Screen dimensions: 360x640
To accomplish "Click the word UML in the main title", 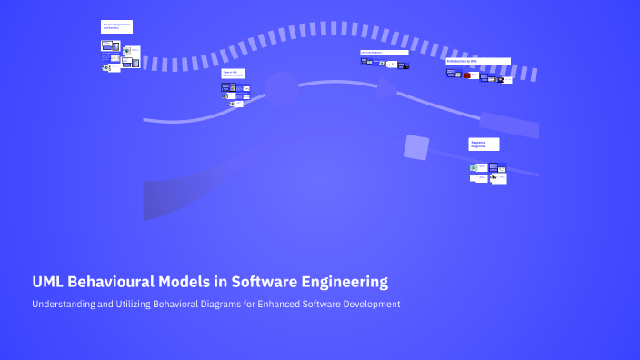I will click(49, 282).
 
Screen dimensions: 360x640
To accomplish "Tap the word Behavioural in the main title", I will click(115, 282).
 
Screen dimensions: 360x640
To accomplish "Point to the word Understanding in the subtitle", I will click(65, 304).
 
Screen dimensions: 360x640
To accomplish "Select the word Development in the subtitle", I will click(373, 304).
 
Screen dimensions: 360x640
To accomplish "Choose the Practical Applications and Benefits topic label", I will click(116, 27).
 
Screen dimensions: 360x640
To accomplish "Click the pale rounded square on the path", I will click(415, 147).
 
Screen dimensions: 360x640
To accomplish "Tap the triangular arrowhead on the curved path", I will click(385, 87).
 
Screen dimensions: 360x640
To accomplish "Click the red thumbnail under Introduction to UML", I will click(467, 75).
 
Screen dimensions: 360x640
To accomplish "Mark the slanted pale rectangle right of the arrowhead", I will click(508, 125).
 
